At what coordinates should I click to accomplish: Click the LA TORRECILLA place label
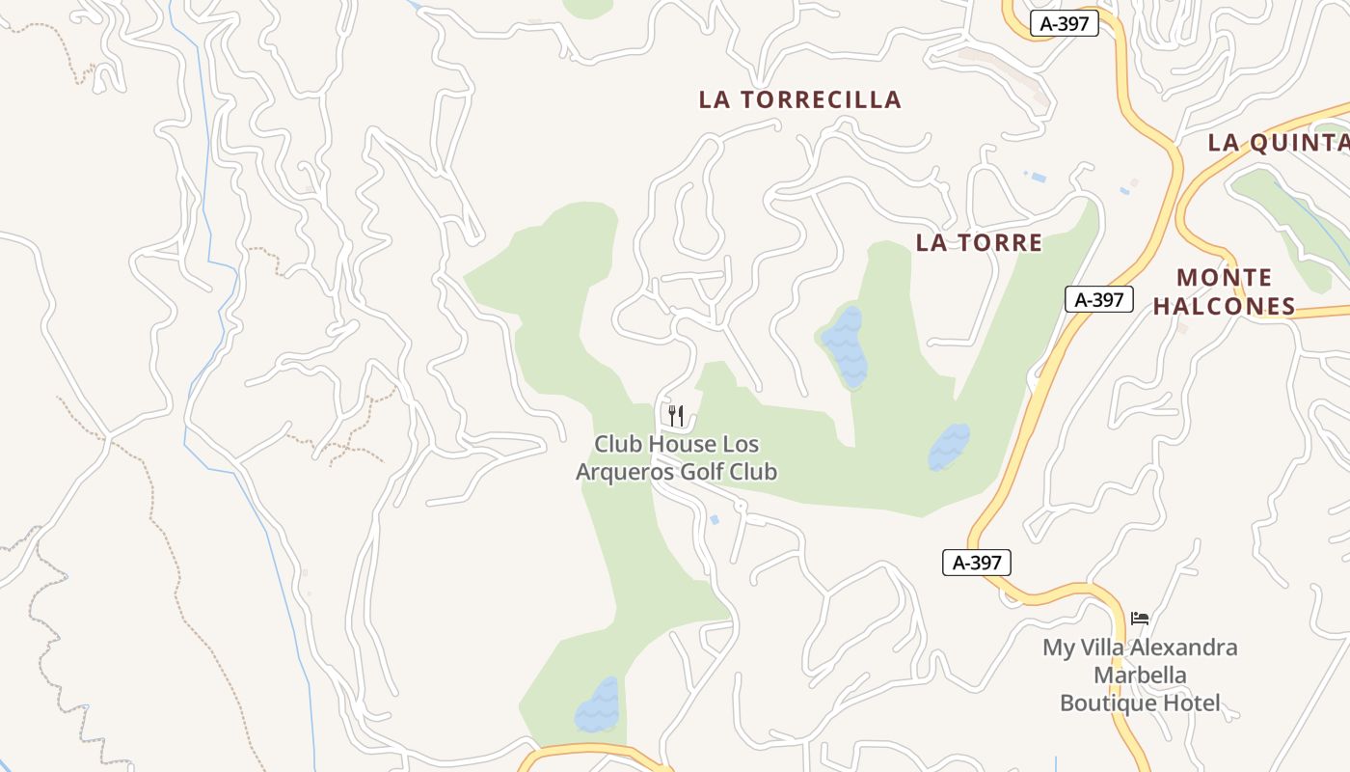(x=799, y=99)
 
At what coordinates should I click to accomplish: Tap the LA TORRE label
(x=979, y=243)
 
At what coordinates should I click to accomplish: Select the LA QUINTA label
(x=1278, y=143)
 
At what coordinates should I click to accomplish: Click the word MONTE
(x=1225, y=278)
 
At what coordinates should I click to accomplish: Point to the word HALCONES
(x=1224, y=307)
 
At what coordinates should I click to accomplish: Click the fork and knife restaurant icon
(x=676, y=416)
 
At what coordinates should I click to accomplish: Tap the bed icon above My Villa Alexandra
(x=1140, y=618)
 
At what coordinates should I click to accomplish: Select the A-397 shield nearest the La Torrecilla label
(x=1065, y=24)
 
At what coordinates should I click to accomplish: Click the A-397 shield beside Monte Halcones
(x=1099, y=299)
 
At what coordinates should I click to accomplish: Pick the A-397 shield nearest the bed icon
(x=977, y=563)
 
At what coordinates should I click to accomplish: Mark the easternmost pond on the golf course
(x=949, y=447)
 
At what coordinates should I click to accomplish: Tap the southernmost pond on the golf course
(x=598, y=705)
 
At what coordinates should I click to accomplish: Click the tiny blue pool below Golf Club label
(x=715, y=520)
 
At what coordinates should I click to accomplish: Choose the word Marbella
(x=1140, y=675)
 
